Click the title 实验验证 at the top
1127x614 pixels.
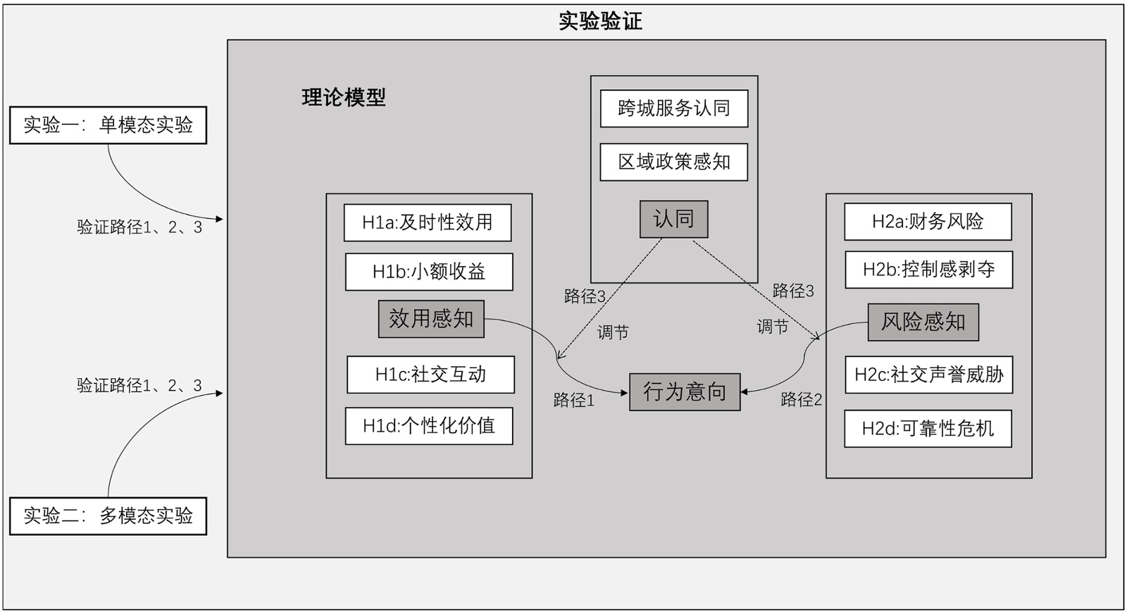click(600, 21)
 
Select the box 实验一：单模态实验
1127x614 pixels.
click(108, 125)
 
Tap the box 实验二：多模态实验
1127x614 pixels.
click(108, 516)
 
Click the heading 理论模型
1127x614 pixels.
click(344, 97)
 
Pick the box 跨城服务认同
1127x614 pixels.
click(674, 108)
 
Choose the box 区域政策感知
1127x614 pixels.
click(674, 162)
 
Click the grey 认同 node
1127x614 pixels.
click(673, 219)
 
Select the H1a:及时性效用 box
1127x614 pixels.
click(428, 223)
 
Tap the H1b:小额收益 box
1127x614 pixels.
click(429, 272)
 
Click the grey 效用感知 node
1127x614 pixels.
click(431, 319)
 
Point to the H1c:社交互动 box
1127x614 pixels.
click(430, 375)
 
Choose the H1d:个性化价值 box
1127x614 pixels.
click(429, 426)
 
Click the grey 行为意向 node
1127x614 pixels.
click(685, 391)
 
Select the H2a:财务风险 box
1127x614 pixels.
click(928, 222)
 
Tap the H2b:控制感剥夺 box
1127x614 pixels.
click(928, 270)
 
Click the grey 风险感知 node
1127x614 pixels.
click(923, 322)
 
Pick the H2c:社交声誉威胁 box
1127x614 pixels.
click(928, 375)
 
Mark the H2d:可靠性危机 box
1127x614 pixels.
click(928, 429)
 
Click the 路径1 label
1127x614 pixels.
click(574, 401)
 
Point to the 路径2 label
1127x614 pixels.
click(802, 400)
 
